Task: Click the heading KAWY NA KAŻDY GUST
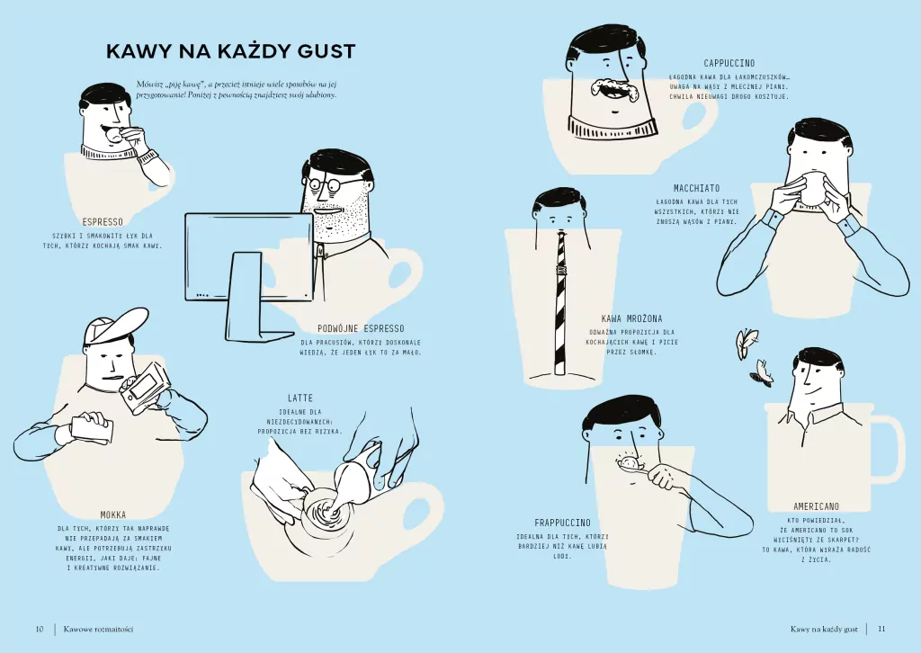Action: (x=230, y=51)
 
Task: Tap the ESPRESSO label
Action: (x=103, y=221)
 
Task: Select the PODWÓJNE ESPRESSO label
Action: (x=361, y=328)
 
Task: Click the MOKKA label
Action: (x=112, y=515)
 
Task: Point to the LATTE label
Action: (x=300, y=398)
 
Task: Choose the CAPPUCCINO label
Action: (x=729, y=63)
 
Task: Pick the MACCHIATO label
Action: (x=696, y=188)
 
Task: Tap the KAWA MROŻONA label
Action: (x=631, y=318)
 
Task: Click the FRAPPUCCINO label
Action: (x=562, y=523)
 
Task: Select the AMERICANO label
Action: (x=816, y=506)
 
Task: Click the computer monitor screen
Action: (x=248, y=257)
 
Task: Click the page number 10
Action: (x=40, y=629)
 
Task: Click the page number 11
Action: (x=881, y=629)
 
